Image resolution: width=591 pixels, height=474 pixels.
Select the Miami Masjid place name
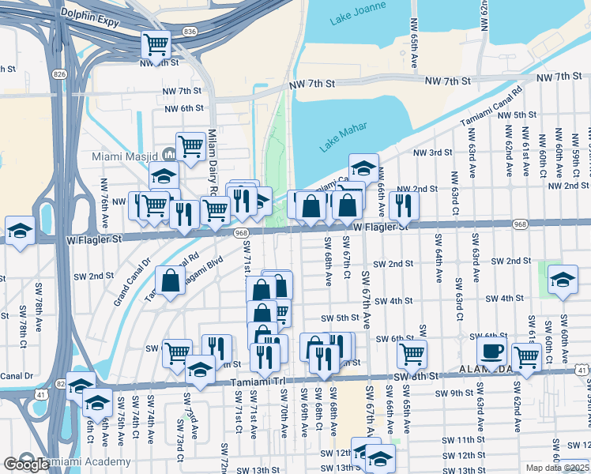126,156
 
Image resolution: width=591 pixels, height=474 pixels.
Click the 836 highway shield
189,31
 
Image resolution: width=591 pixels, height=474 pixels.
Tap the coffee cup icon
491,352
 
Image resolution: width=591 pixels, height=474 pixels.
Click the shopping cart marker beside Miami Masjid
190,145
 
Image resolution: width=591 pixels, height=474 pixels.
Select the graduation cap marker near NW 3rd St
363,167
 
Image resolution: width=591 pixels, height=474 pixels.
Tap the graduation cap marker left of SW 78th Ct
20,230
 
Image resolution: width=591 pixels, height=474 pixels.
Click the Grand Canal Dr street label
132,281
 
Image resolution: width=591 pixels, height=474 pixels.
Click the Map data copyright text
557,468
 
